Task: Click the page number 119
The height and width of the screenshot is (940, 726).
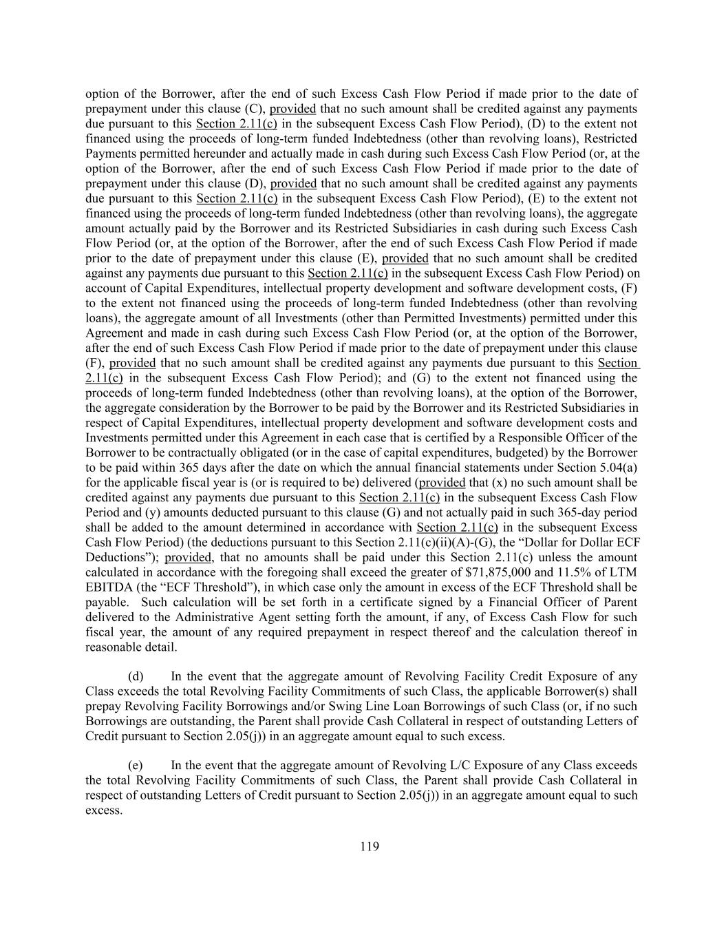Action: pyautogui.click(x=370, y=847)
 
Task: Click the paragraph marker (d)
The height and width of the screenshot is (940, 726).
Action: pyautogui.click(x=136, y=676)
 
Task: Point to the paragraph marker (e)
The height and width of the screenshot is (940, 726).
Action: pyautogui.click(x=136, y=765)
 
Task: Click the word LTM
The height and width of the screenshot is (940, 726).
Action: pyautogui.click(x=624, y=572)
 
